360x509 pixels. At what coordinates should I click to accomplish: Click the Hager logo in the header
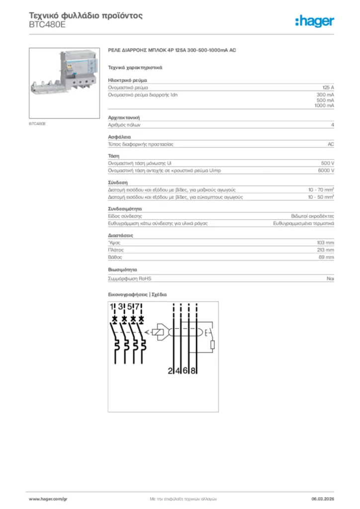(315, 20)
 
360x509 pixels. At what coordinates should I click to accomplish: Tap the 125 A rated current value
(328, 87)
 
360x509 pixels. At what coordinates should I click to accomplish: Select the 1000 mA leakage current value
(324, 105)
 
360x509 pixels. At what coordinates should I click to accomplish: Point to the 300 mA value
(325, 94)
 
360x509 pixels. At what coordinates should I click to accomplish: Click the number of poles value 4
(332, 125)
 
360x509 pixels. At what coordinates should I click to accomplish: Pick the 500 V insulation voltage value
(328, 163)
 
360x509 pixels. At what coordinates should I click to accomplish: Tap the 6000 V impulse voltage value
(326, 170)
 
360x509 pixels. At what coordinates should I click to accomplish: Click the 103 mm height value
(326, 242)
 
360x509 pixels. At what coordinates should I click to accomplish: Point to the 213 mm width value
(326, 250)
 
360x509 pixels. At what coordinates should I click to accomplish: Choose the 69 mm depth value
(327, 257)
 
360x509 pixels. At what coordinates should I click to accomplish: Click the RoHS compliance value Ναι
(330, 279)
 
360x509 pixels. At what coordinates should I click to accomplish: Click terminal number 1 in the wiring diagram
(112, 307)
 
